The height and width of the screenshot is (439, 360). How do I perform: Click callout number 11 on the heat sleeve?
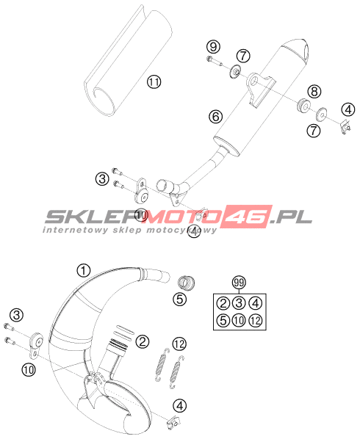coord(154,82)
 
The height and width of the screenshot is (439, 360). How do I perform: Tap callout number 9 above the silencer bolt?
coord(214,47)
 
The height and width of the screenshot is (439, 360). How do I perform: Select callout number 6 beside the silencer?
coord(215,117)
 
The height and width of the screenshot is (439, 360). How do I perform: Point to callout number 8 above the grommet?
coord(314,91)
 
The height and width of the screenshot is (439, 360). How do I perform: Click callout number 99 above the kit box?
coord(239,283)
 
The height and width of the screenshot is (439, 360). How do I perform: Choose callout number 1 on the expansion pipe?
coord(84,271)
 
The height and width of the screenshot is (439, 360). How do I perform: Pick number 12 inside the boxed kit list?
coord(256,320)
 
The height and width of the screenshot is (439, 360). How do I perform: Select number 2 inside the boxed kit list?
coord(223,303)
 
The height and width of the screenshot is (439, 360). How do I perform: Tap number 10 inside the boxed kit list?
coord(239,320)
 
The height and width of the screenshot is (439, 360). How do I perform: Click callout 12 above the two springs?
coord(179,344)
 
